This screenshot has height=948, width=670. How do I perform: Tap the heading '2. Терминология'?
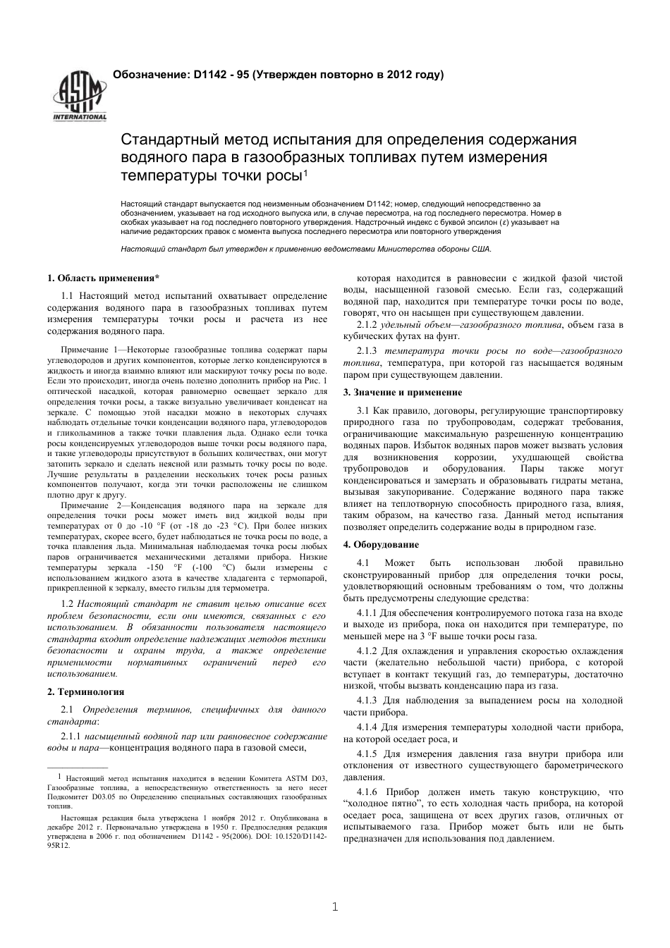click(x=85, y=692)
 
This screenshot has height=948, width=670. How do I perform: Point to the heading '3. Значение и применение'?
click(x=403, y=393)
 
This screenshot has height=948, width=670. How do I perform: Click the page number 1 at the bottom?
click(x=335, y=906)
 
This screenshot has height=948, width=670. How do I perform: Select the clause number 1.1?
click(x=68, y=296)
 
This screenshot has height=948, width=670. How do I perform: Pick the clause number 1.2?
click(x=68, y=604)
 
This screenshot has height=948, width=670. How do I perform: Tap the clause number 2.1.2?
click(x=367, y=325)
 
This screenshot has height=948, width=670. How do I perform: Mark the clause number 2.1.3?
click(x=367, y=351)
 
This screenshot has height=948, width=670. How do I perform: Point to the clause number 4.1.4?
click(x=367, y=727)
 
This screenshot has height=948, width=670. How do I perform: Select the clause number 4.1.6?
click(x=367, y=792)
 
